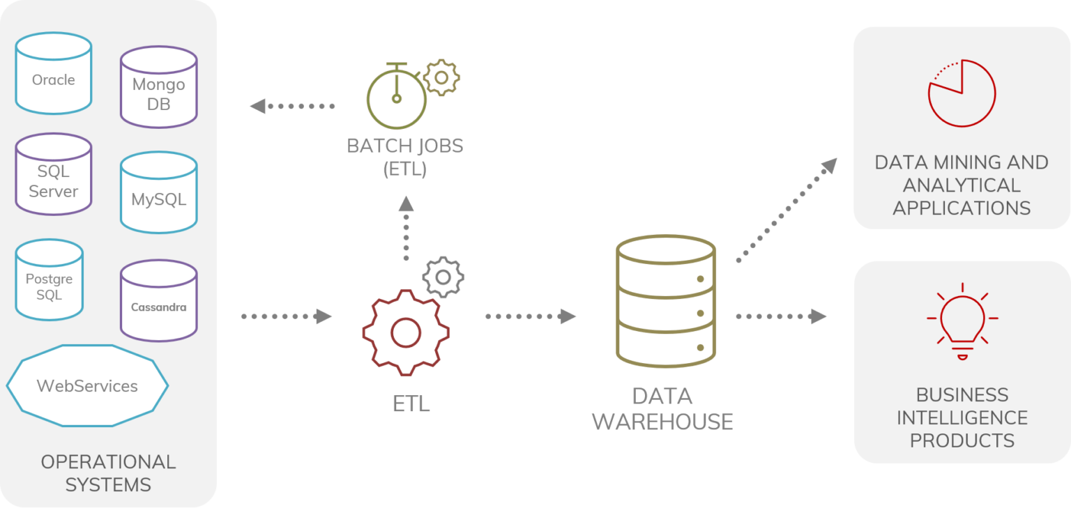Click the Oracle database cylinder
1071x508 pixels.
pyautogui.click(x=54, y=74)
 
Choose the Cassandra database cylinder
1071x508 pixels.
pyautogui.click(x=158, y=301)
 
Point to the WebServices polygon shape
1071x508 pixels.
pyautogui.click(x=87, y=385)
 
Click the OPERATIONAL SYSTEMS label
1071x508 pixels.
pyautogui.click(x=108, y=472)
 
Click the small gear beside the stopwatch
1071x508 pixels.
pyautogui.click(x=441, y=77)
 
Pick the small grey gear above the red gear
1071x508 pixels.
pyautogui.click(x=443, y=277)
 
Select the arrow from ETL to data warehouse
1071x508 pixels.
pyautogui.click(x=530, y=316)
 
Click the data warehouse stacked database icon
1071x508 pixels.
pyautogui.click(x=666, y=300)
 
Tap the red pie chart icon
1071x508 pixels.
pyautogui.click(x=962, y=93)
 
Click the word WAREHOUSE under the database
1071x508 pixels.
pyautogui.click(x=662, y=422)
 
